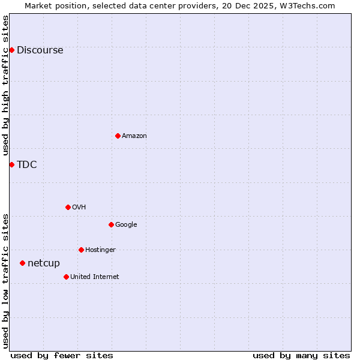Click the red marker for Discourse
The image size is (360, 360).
coord(11,50)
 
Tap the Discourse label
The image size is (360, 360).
coord(40,50)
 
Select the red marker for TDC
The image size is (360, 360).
coord(11,164)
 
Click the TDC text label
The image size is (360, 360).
coord(26,165)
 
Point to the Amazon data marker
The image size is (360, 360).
coord(118,136)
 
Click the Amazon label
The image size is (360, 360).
coord(134,136)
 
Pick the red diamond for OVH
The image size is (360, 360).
coord(68,207)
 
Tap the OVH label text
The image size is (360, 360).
coord(79,208)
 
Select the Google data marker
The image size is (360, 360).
coord(111,224)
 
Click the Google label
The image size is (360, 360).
coord(126,225)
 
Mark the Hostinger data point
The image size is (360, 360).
coord(81,250)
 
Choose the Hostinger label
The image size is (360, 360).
coord(100,250)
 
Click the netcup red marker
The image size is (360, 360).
coord(22,263)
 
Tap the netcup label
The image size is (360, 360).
coord(44,263)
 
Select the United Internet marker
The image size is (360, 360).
coord(66,277)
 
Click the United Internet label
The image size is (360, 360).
coord(94,277)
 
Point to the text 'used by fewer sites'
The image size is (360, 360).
coord(62,355)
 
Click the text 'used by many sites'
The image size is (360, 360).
coord(301,355)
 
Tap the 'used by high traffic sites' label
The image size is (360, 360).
coord(5,85)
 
